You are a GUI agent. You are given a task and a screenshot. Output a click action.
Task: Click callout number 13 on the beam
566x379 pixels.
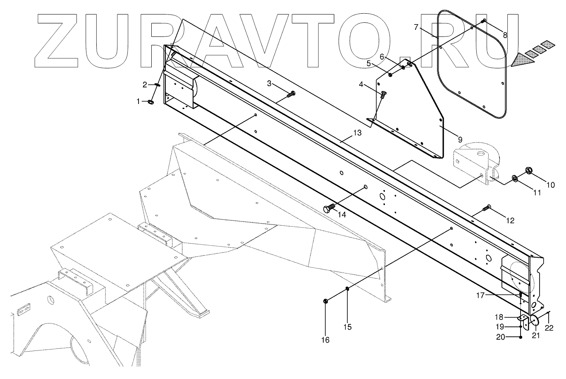[357, 133]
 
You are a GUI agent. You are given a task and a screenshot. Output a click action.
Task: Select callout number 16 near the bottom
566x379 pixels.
[325, 340]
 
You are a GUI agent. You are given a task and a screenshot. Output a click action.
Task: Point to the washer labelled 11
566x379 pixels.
[515, 178]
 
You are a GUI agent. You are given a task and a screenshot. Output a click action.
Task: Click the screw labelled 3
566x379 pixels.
[291, 94]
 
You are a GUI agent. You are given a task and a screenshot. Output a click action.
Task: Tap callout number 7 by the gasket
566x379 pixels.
[416, 28]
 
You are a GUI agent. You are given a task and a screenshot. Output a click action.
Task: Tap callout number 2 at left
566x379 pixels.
[145, 85]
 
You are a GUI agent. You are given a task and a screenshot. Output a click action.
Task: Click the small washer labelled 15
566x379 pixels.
[348, 289]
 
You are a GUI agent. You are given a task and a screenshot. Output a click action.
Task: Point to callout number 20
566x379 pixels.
[500, 337]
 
